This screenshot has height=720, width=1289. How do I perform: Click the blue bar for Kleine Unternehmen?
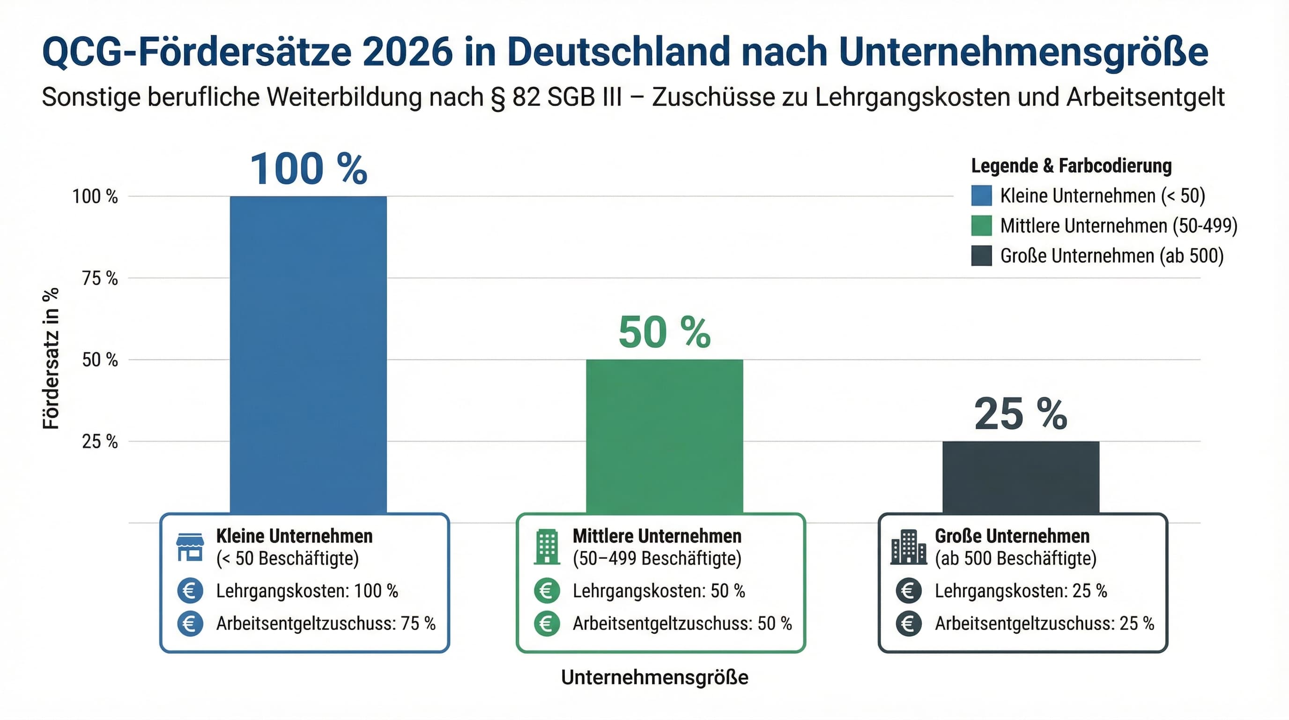pos(308,351)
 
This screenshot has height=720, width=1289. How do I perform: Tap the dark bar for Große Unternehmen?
pos(1021,476)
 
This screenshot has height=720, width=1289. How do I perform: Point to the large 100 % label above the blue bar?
pos(308,169)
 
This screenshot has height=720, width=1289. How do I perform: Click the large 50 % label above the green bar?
pos(665,332)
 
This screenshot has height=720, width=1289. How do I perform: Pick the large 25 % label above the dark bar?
pos(1021,414)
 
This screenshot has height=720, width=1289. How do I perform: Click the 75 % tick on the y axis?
pos(100,278)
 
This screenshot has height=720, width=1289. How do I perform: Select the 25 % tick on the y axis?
pos(100,442)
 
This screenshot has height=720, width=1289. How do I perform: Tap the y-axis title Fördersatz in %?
pos(51,359)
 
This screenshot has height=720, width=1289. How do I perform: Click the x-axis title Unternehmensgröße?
pos(654,677)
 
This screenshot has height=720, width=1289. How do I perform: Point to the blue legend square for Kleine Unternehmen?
pos(981,196)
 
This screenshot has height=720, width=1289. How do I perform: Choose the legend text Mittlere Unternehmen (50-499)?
pos(1119,226)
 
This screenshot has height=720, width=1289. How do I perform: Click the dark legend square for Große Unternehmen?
pos(981,256)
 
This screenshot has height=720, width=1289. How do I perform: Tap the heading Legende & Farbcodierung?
pos(1071,166)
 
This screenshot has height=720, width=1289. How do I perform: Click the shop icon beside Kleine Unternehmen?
pos(190,547)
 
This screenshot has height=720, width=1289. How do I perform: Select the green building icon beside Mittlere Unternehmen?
pos(547,547)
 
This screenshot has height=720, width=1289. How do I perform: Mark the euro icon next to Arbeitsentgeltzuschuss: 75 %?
pos(190,624)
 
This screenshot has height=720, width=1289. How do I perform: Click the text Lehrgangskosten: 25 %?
pos(1021,591)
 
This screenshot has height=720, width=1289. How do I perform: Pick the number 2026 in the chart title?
pos(407,52)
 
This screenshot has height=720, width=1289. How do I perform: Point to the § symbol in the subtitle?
pos(498,97)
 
